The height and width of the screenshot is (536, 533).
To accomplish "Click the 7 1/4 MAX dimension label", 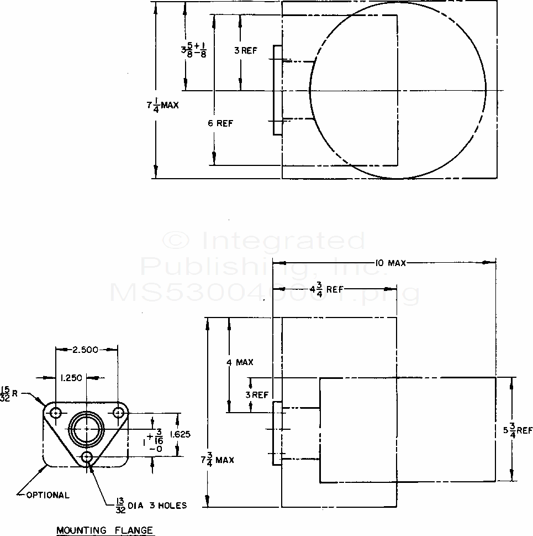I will pos(162,105).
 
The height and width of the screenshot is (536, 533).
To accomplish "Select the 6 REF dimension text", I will pos(220,123).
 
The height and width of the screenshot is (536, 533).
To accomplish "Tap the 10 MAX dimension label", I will pos(390,263).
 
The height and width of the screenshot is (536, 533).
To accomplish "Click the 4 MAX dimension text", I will pos(240,362).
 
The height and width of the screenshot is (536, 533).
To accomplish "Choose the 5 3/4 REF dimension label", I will pos(518,430).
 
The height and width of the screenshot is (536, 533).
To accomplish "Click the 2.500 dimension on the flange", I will pos(85,349).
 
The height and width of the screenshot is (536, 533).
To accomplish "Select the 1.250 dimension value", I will pos(70,378).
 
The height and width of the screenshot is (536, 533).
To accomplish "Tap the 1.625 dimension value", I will pos(180,434).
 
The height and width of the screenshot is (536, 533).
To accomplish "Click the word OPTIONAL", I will pos(48,495).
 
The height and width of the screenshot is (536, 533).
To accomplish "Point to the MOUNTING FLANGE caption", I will pos(104,531).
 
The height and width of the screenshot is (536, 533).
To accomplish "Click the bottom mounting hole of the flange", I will pos(87,457).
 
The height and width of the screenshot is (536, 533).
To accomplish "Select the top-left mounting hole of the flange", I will pos(56,413).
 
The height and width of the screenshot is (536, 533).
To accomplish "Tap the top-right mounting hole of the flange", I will pos(118,413).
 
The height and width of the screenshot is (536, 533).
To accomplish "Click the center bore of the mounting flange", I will pos(86,429).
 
